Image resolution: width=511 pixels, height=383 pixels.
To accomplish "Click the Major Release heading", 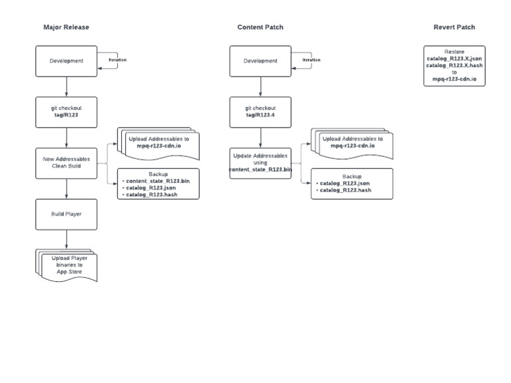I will pyautogui.click(x=66, y=27).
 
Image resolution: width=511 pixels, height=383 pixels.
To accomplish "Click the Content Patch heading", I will pyautogui.click(x=260, y=27).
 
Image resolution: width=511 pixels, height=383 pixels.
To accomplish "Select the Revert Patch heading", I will pyautogui.click(x=454, y=27).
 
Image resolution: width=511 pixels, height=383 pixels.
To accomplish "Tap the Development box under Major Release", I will pyautogui.click(x=67, y=61).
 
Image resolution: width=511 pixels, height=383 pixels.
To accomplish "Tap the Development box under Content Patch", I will pyautogui.click(x=260, y=61).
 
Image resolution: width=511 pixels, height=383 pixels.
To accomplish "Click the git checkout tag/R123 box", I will pyautogui.click(x=67, y=112).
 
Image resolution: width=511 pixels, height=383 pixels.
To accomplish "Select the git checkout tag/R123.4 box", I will pyautogui.click(x=260, y=112).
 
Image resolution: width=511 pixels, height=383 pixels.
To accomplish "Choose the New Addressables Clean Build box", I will pyautogui.click(x=67, y=163).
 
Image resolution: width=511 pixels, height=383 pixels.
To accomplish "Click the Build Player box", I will pyautogui.click(x=67, y=214).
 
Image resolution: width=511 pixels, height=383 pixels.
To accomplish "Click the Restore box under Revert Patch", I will pyautogui.click(x=454, y=65).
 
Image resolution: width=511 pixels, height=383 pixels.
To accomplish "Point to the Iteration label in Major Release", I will pyautogui.click(x=117, y=60).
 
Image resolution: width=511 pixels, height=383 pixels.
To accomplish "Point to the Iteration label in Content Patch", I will pyautogui.click(x=311, y=60).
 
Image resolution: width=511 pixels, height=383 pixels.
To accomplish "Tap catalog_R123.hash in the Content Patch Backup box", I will pyautogui.click(x=345, y=190).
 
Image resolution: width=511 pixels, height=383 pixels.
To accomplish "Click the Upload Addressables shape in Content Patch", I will pyautogui.click(x=351, y=143).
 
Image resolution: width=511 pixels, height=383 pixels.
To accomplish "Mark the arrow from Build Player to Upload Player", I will pyautogui.click(x=67, y=239).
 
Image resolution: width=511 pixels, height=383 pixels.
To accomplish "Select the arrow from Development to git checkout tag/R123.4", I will pyautogui.click(x=260, y=86).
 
